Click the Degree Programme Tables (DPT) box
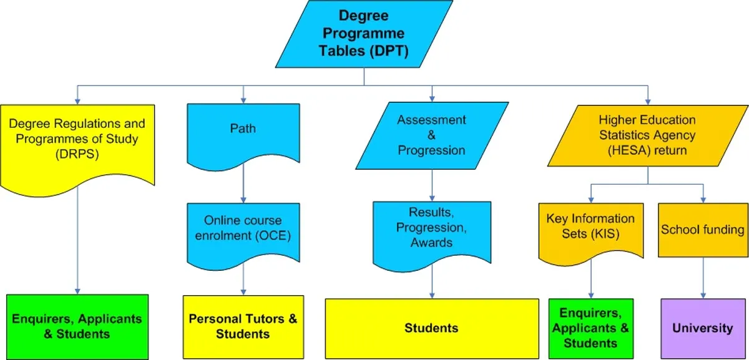pos(364,34)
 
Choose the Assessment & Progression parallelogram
pos(431,135)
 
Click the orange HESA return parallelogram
pos(647,135)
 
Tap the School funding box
pos(703,229)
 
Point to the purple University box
pos(703,328)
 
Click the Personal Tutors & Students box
pos(243,327)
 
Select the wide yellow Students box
pos(431,328)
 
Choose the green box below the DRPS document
pos(77,327)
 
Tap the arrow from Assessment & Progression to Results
pos(431,185)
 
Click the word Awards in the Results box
pos(431,243)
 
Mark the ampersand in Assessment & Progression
pos(431,135)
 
